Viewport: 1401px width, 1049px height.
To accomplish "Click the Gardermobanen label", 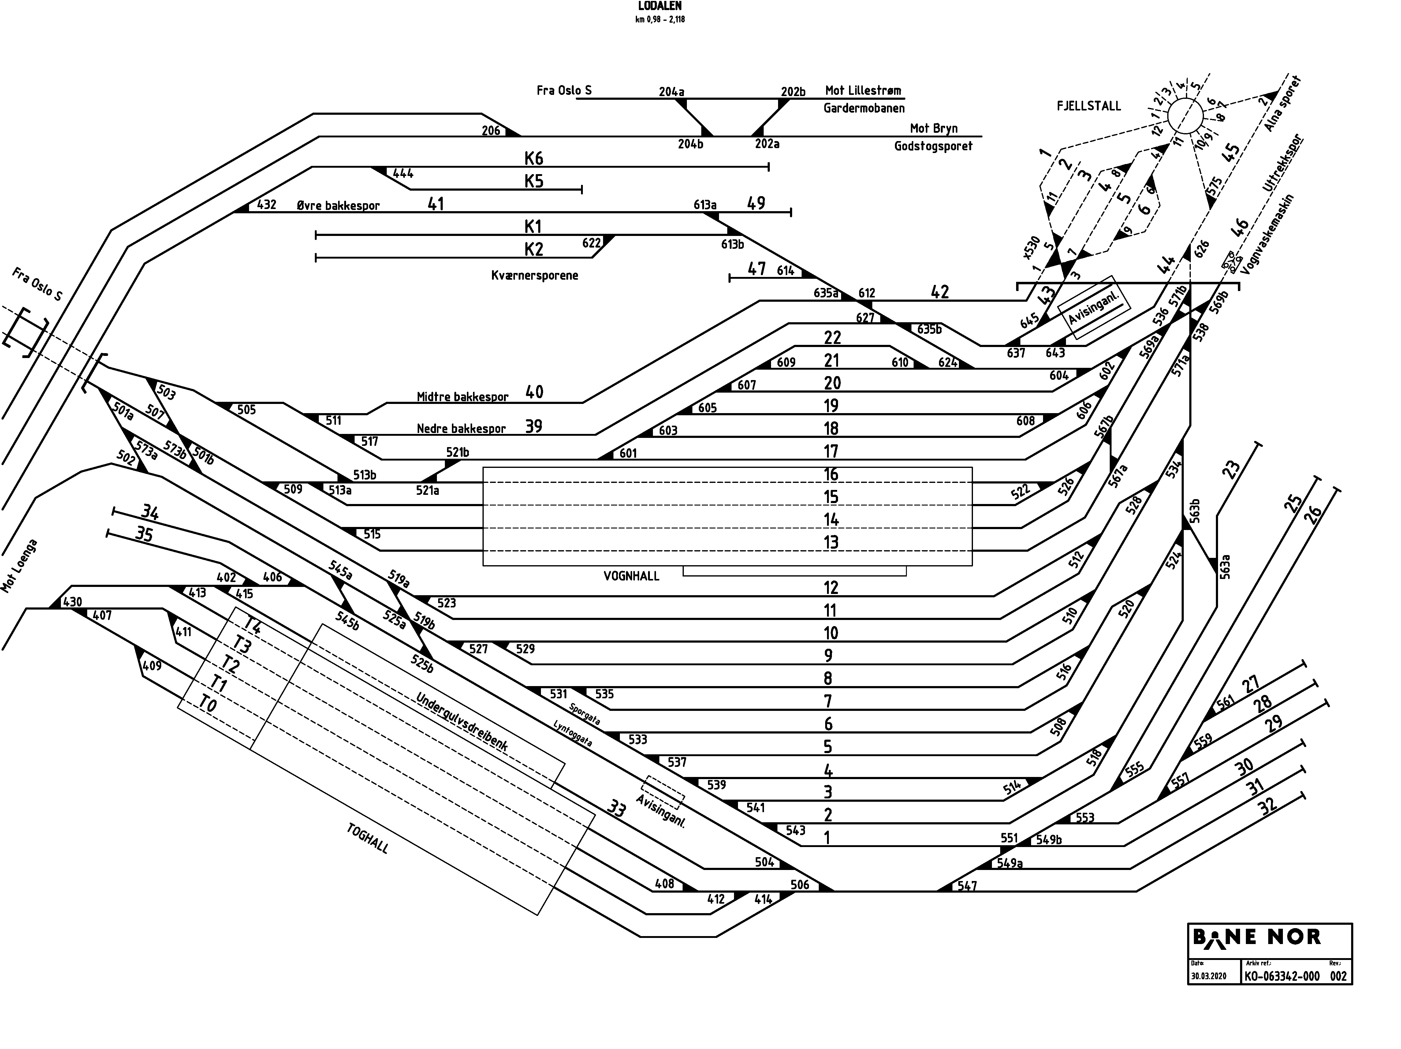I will pos(864,108).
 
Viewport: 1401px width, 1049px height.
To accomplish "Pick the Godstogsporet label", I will pos(933,146).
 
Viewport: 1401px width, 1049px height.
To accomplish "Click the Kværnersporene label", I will pos(535,275).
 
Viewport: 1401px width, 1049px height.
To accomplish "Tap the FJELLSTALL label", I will pos(1089,106).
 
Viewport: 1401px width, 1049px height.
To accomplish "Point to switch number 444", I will pos(404,173).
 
